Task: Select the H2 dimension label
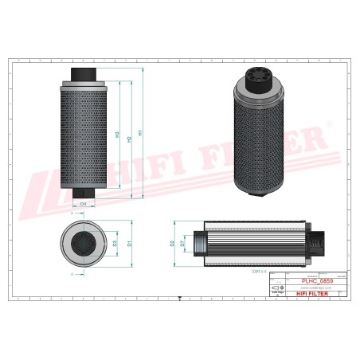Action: (129, 135)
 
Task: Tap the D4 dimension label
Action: (83, 204)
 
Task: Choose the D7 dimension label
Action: (182, 242)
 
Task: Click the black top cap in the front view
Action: (83, 74)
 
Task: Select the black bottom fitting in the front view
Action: (83, 193)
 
